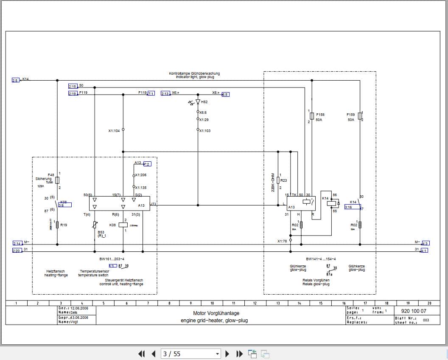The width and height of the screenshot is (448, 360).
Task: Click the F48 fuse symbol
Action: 57,180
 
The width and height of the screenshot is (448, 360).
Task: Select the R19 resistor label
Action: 63,225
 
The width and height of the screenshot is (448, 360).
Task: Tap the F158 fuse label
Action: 320,115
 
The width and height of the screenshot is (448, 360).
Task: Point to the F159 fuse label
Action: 350,115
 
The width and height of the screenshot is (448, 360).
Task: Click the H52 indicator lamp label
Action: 204,102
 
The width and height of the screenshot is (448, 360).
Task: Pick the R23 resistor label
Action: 283,180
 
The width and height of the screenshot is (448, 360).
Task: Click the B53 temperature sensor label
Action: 101,232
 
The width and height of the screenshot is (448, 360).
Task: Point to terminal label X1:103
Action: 205,131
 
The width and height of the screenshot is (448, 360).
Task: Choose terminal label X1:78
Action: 283,241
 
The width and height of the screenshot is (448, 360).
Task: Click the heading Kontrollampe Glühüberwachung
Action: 194,73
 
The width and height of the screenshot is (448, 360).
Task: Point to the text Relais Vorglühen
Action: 316,281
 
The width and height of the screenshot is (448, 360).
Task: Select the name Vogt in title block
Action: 74,322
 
